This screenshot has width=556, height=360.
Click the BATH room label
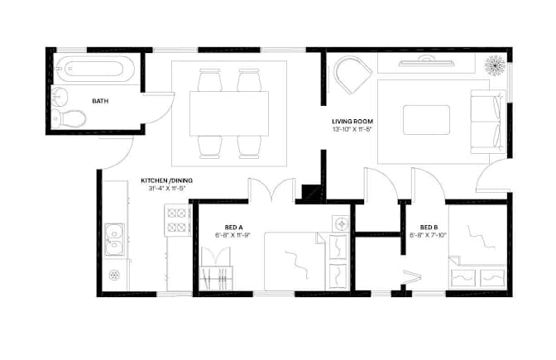[100, 101]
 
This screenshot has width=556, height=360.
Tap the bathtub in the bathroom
[94, 69]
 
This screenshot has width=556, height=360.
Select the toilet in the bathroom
[69, 118]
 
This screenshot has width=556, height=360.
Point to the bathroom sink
[60, 97]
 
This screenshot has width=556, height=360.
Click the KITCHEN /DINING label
[166, 180]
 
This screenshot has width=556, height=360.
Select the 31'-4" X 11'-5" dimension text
[167, 189]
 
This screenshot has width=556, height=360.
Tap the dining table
[229, 113]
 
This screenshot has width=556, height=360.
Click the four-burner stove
[177, 220]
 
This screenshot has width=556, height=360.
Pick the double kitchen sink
[114, 239]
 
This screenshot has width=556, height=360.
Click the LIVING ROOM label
[352, 122]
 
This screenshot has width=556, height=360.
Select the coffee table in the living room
[426, 120]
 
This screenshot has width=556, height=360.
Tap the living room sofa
[488, 122]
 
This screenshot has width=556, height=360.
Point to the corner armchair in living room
[352, 75]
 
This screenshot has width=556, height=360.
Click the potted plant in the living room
[495, 65]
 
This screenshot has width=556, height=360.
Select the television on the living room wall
[426, 62]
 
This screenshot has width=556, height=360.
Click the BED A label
[233, 228]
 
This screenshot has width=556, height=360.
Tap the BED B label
[429, 228]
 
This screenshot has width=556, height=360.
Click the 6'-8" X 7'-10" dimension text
[428, 235]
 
